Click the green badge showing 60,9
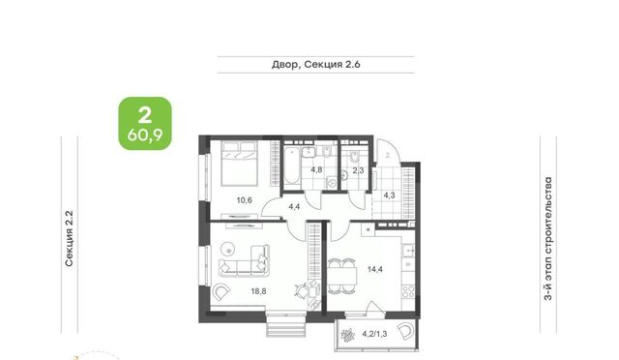click(x=145, y=123)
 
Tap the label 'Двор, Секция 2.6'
click(x=316, y=65)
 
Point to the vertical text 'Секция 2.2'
click(x=69, y=238)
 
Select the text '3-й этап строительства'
click(x=548, y=239)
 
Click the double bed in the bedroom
click(x=240, y=164)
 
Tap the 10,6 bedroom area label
click(x=245, y=200)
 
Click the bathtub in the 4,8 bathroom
click(x=292, y=165)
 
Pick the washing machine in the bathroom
click(x=332, y=183)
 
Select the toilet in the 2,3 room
click(x=354, y=157)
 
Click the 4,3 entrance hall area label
click(x=389, y=195)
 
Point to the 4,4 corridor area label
click(x=294, y=206)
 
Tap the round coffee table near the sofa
click(x=228, y=249)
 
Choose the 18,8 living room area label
click(x=258, y=291)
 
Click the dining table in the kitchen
click(x=341, y=275)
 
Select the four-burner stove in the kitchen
click(x=408, y=292)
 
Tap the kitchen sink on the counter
click(x=408, y=250)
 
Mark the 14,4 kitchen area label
click(x=375, y=269)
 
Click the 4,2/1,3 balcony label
click(x=374, y=334)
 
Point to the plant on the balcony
click(x=348, y=335)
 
